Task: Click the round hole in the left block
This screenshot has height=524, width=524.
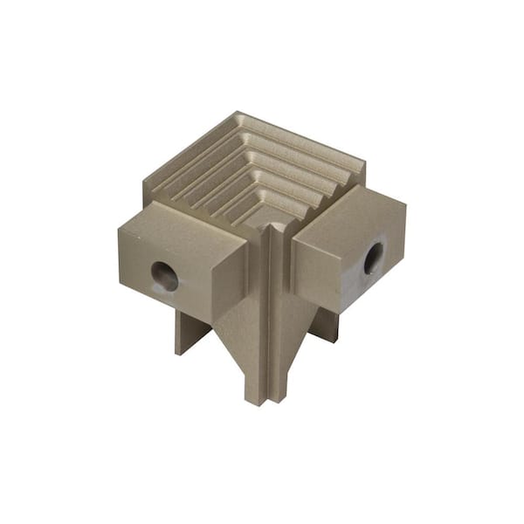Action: [x=164, y=277]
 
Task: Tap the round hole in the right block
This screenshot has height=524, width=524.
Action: [x=373, y=258]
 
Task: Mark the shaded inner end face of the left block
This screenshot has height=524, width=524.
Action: [x=231, y=279]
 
